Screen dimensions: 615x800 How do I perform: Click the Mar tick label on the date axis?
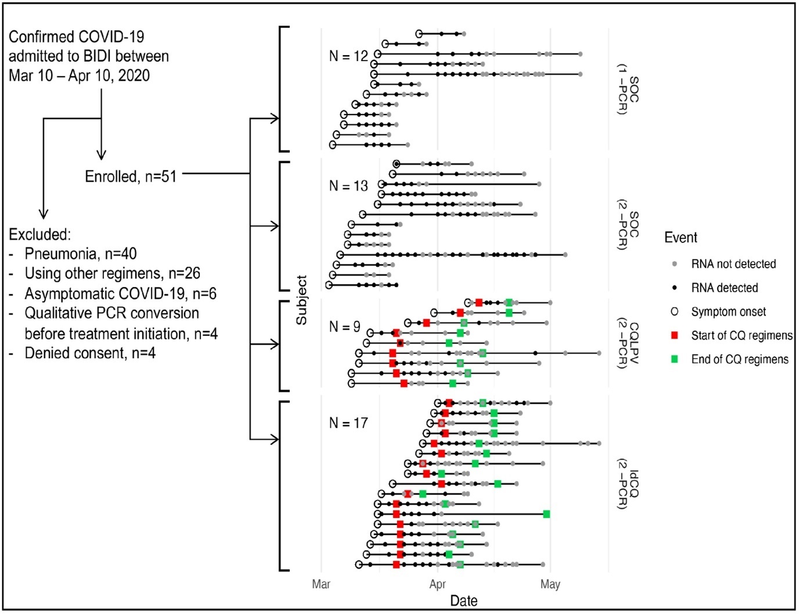(321, 584)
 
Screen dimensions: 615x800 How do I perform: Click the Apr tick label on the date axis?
(437, 584)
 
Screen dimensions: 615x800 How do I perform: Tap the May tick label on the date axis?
(550, 584)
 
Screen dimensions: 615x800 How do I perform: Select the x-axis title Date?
(464, 601)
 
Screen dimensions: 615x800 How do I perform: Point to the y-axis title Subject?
(301, 300)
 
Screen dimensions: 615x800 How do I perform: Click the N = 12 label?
(348, 56)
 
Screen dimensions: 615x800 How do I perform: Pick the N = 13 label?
(348, 186)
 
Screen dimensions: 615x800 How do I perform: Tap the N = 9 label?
(344, 327)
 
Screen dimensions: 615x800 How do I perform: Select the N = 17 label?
(348, 423)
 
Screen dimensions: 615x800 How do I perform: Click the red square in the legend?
(675, 335)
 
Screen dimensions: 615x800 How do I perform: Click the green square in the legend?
(675, 359)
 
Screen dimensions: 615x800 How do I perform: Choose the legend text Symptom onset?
(728, 312)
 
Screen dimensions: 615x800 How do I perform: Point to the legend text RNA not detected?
(733, 264)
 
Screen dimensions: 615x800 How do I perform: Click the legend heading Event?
(680, 238)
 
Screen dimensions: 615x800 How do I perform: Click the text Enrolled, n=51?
(131, 176)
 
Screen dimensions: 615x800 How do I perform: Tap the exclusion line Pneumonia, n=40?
(80, 254)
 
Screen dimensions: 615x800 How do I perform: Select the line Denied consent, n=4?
(89, 353)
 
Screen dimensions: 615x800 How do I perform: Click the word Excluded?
(39, 234)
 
